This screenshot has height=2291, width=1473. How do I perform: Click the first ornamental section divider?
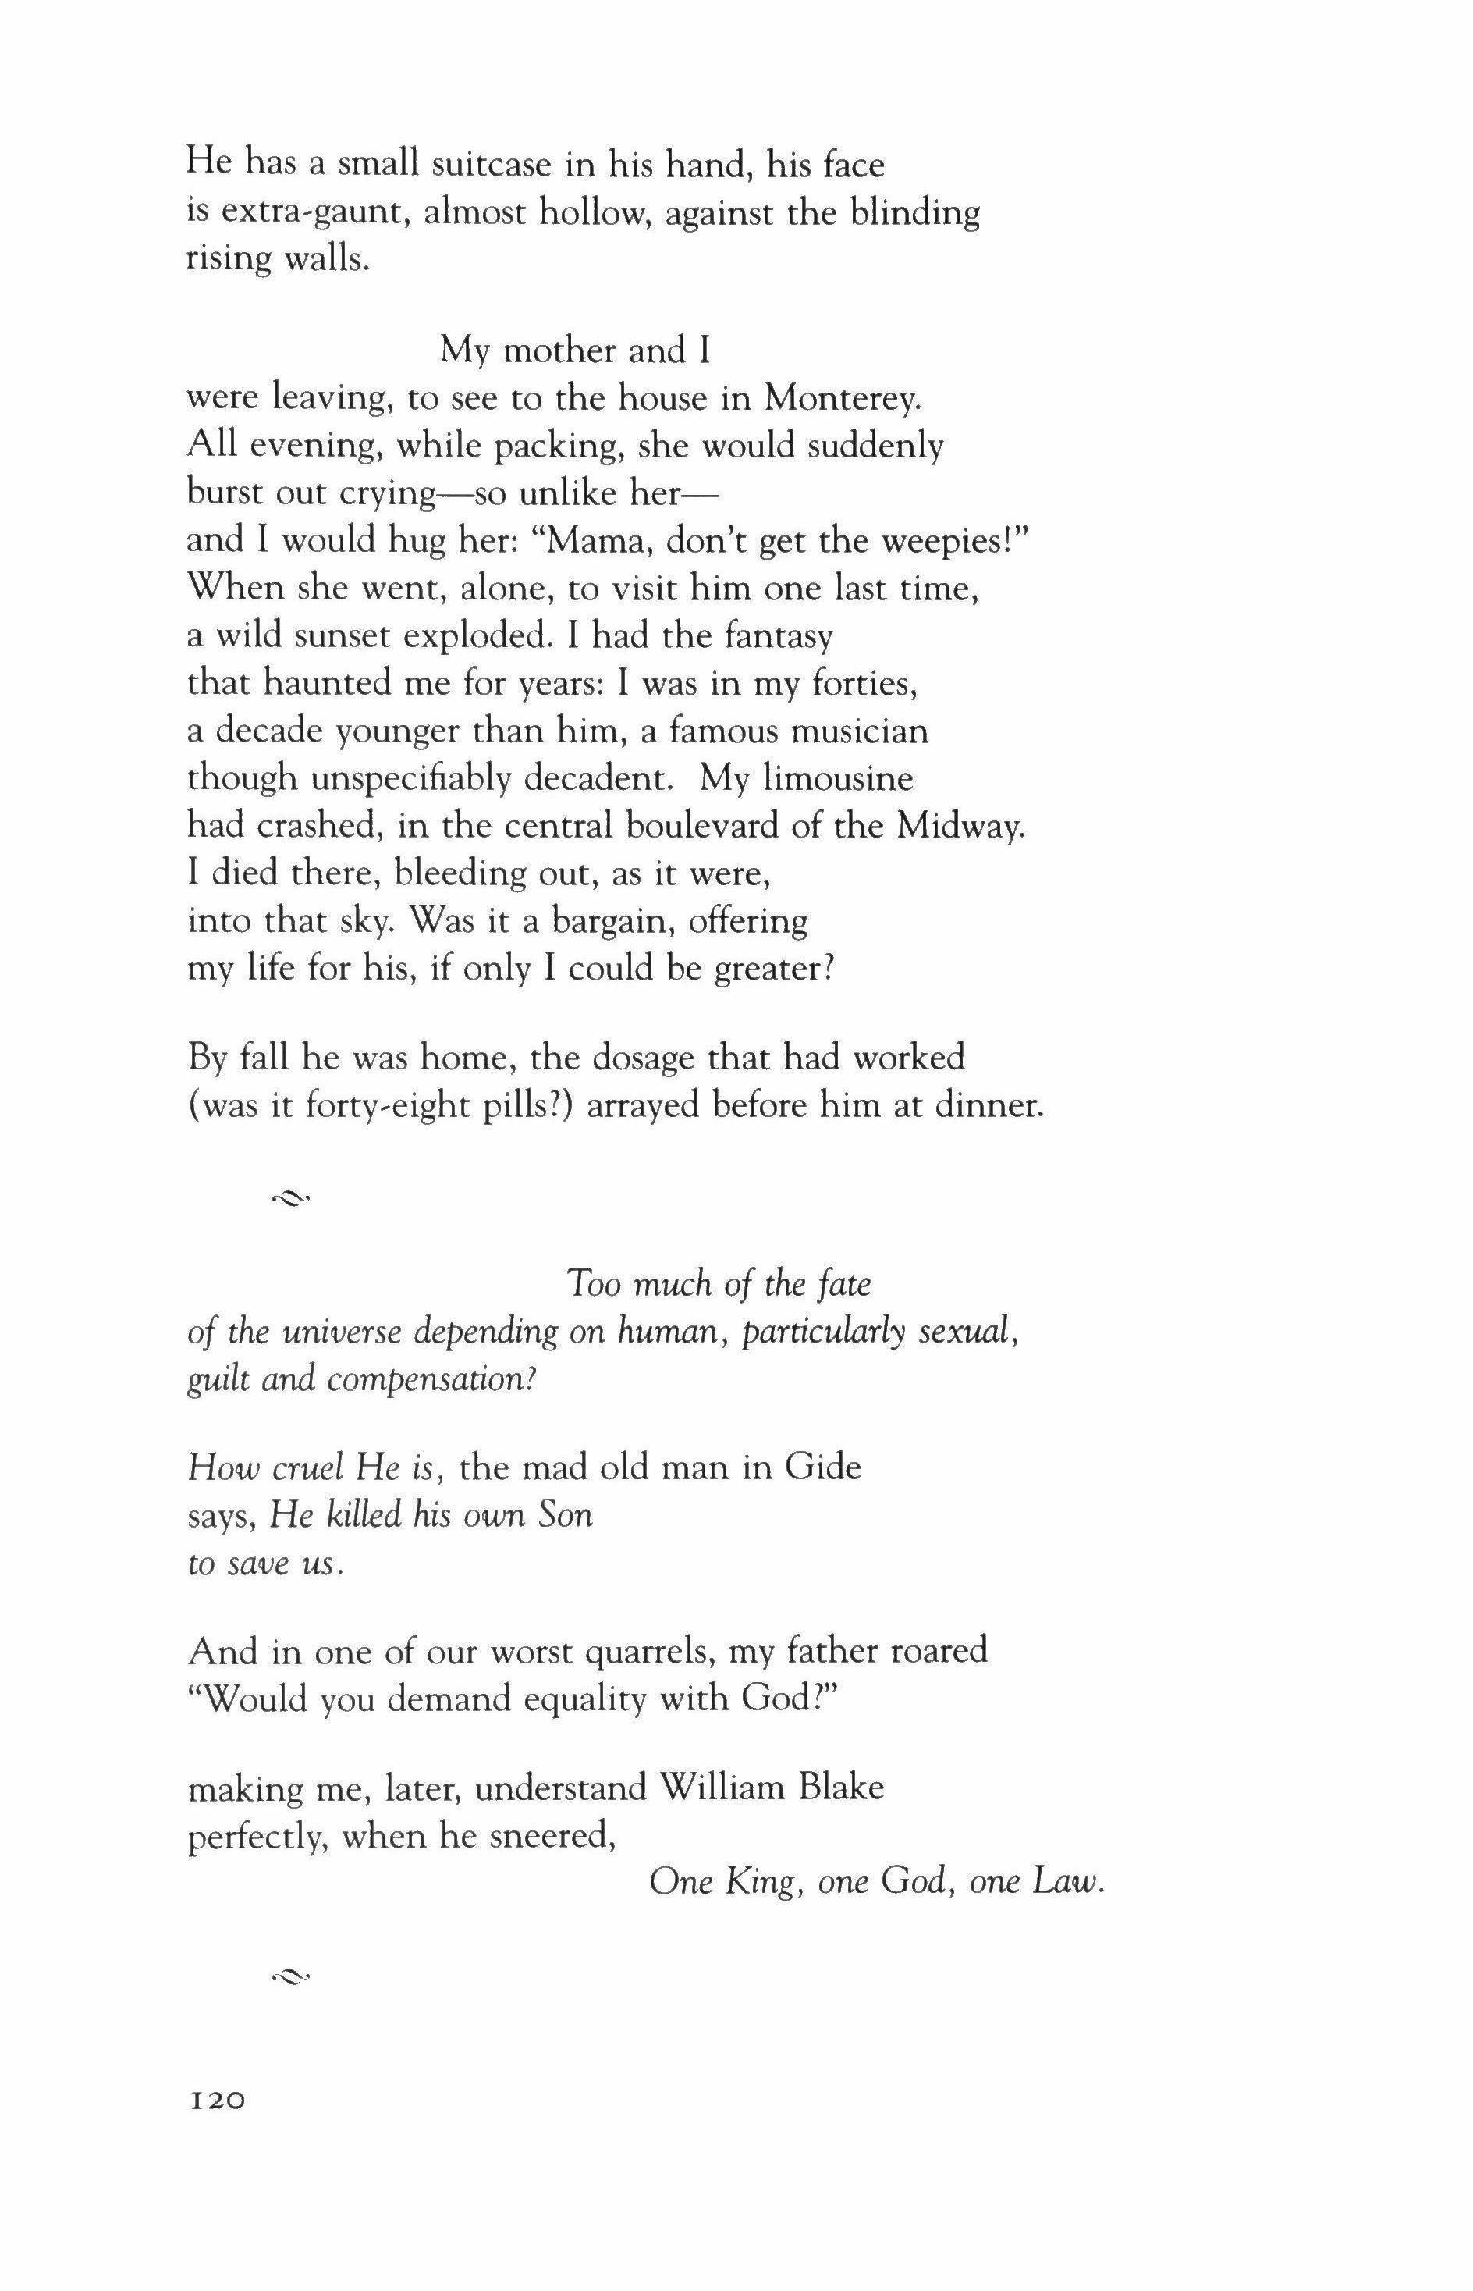tap(291, 1196)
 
